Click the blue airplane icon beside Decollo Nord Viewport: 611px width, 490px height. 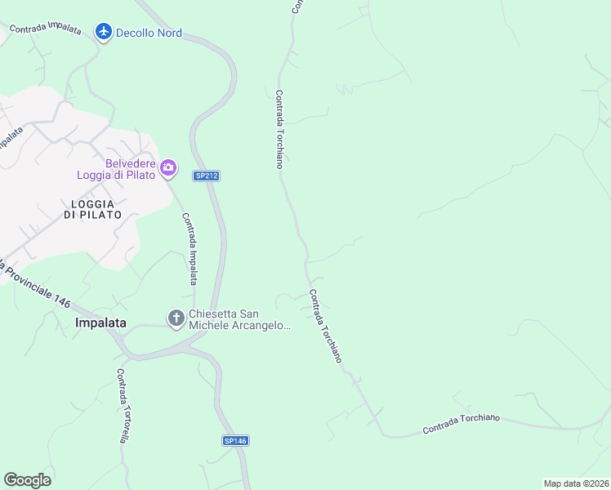[103, 32]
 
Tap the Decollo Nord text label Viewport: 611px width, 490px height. [149, 33]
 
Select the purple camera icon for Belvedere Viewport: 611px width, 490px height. [168, 168]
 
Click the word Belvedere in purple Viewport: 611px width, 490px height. [131, 163]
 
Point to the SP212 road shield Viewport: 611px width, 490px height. [207, 176]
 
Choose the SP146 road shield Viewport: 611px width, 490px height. [234, 441]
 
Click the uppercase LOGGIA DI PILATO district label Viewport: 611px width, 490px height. [92, 208]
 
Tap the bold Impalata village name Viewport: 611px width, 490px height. [100, 323]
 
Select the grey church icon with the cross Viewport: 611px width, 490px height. [176, 318]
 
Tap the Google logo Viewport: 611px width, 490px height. [27, 480]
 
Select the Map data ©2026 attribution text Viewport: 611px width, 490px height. [576, 483]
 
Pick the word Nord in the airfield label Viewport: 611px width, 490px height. [168, 33]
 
